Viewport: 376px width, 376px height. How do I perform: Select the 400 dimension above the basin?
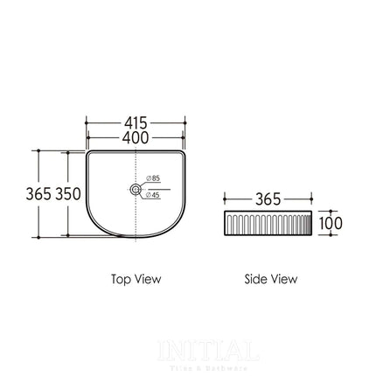136,137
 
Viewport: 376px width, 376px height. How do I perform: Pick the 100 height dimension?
331,223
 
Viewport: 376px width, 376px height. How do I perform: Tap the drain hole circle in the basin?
136,188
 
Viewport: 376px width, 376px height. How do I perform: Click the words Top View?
136,279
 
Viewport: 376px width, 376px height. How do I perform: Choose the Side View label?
270,279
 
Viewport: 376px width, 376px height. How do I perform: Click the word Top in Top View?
122,279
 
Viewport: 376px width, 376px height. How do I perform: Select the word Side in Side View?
256,279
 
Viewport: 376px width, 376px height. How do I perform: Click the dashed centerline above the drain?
136,166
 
